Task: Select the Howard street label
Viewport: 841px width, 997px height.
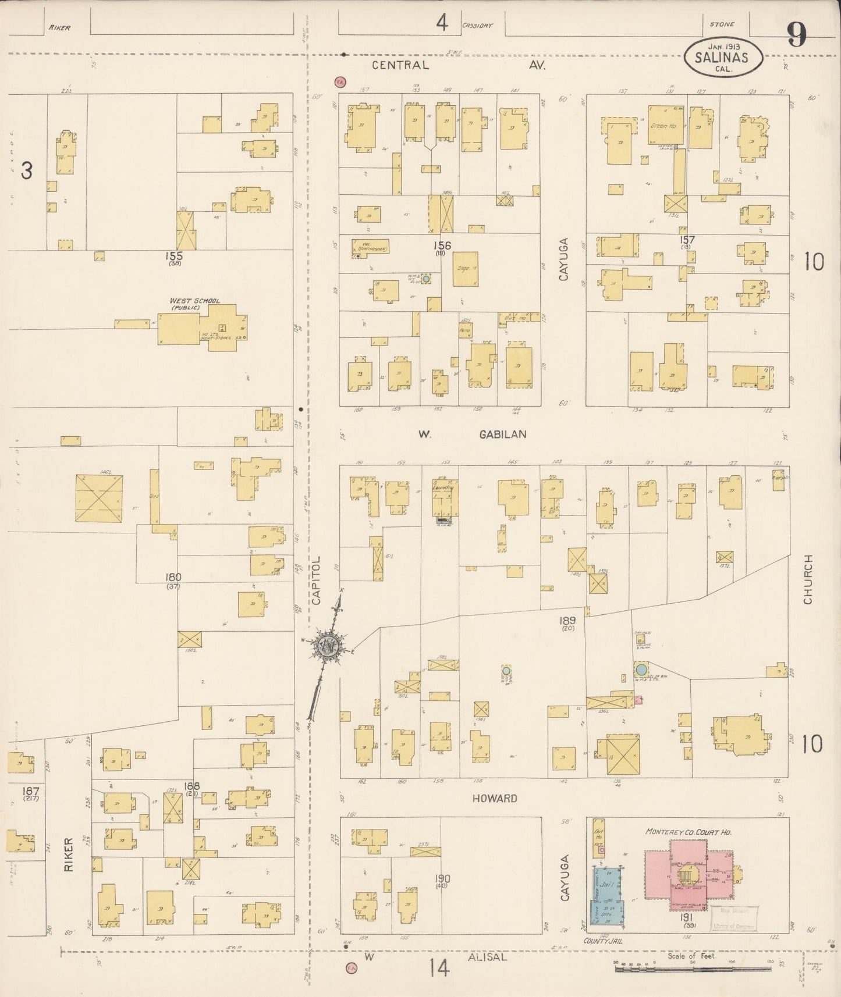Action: (495, 798)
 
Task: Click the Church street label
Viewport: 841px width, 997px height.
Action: (807, 579)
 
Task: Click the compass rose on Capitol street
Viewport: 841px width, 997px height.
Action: (329, 646)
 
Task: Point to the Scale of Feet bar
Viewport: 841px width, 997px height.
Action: (693, 963)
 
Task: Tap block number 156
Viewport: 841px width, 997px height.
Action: (446, 245)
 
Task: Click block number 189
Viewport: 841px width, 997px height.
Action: (568, 621)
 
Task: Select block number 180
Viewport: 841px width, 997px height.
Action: (173, 577)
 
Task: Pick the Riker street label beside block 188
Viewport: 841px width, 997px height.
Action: (69, 854)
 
